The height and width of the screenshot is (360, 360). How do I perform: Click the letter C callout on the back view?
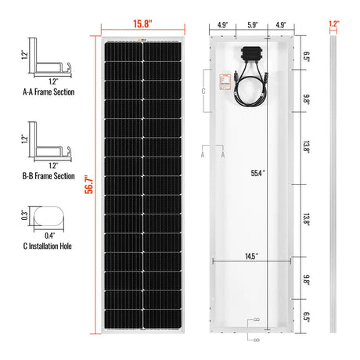(205, 91)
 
